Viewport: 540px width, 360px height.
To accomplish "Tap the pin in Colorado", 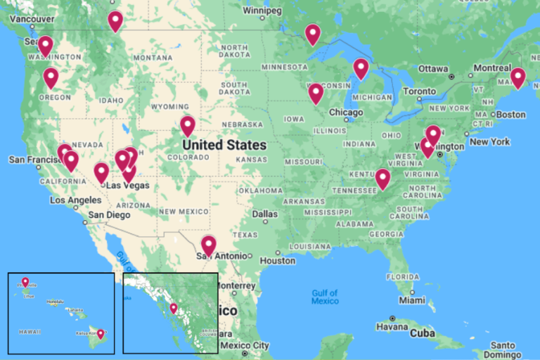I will pos(187,125).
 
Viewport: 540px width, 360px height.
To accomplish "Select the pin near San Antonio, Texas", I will pos(208,245).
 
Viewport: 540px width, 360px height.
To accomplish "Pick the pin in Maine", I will pos(517,77).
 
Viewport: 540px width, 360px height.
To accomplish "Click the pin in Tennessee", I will pos(382,179).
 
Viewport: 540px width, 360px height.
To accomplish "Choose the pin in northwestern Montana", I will pos(115,20).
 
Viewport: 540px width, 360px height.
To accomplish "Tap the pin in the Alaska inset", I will pos(174,308).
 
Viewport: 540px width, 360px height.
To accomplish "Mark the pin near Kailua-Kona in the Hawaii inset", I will pos(101,333).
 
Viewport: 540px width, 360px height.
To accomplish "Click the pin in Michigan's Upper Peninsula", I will pos(361,67).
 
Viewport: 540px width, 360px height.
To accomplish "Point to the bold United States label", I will pos(224,146).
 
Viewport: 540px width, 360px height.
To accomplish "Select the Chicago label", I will pos(347,112).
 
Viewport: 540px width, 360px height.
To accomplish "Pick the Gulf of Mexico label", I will pos(325,297).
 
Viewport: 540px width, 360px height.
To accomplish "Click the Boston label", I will pos(511,115).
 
